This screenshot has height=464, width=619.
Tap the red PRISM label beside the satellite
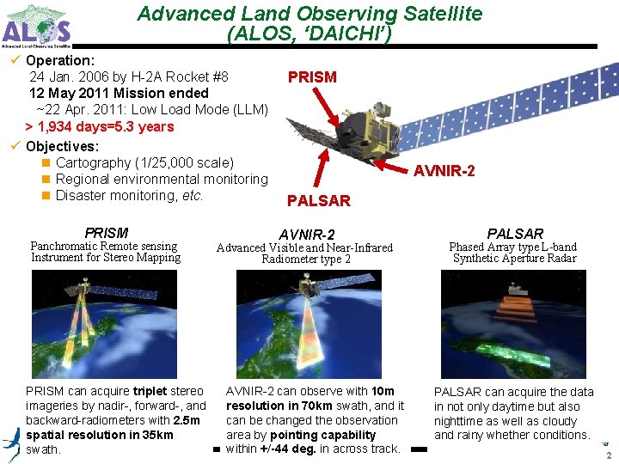[312, 77]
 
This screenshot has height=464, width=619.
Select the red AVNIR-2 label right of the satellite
[444, 171]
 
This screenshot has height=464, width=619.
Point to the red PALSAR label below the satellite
[319, 201]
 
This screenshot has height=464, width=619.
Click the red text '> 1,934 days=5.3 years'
[100, 126]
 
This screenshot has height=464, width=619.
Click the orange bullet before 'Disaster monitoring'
[46, 196]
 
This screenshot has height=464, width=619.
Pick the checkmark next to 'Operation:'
[15, 60]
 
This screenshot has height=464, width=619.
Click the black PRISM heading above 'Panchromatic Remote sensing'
[107, 233]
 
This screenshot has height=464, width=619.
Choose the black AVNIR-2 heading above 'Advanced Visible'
[306, 235]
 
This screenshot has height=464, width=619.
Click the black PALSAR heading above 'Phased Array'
[515, 233]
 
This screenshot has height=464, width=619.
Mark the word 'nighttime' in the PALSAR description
[461, 421]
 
